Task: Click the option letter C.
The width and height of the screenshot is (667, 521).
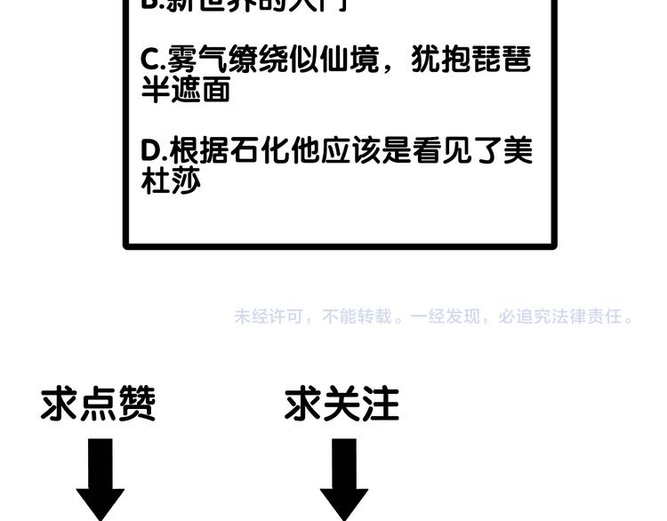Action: pyautogui.click(x=150, y=60)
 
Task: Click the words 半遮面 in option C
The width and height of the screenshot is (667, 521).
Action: pyautogui.click(x=186, y=89)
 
